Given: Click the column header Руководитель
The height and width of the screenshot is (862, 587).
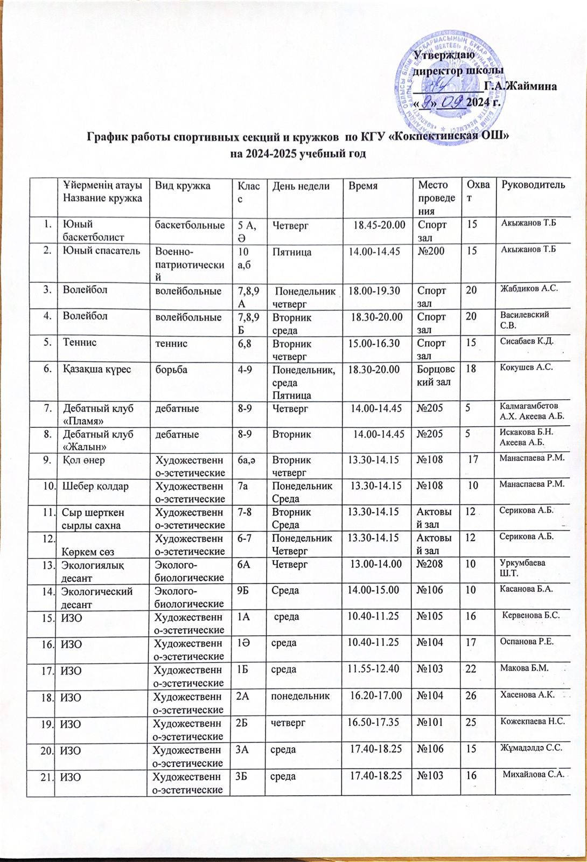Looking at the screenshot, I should (533, 185).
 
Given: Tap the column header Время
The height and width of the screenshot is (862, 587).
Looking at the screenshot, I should (363, 185).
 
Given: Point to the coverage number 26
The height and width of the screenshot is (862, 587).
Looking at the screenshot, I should (471, 695).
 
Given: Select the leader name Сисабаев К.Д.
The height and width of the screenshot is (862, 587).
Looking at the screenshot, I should (527, 342).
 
